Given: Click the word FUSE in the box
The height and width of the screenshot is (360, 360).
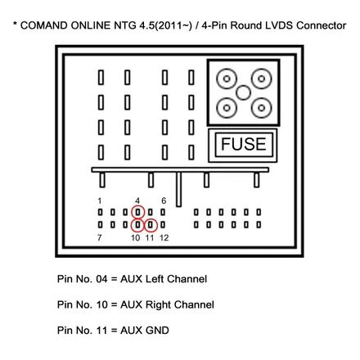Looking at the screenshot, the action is tap(243, 144).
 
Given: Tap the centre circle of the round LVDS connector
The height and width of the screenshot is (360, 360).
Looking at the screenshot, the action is tap(243, 92).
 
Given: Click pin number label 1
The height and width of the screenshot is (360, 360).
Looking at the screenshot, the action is tap(100, 201).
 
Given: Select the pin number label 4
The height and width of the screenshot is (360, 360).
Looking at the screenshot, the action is tap(137, 201).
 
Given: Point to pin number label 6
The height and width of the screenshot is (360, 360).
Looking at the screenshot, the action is tap(164, 201).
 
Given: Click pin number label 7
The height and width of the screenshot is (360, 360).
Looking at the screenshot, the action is tap(100, 238).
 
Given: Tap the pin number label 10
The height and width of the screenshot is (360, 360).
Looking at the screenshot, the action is tap(136, 238).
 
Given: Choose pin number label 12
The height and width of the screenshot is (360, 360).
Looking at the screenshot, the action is tap(164, 238).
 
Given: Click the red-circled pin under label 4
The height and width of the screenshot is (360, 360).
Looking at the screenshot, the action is tap(137, 212).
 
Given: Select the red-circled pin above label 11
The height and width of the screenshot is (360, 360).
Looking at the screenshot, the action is tap(151, 225).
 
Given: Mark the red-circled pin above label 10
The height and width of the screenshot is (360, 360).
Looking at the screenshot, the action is tap(137, 225).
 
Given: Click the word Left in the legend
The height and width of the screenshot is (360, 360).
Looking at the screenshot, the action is tap(155, 279).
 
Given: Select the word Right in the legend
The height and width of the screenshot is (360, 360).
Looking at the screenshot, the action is tap(158, 305).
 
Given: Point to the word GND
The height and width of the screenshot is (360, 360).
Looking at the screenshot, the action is tap(157, 331).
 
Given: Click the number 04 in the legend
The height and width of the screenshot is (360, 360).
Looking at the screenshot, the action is tap(101, 279).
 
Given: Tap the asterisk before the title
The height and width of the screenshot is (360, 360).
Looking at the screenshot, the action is tap(16, 24).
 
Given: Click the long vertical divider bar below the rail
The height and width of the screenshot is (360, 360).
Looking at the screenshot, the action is tap(178, 189).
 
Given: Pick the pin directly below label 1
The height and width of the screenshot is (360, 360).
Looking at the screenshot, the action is tap(101, 212).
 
